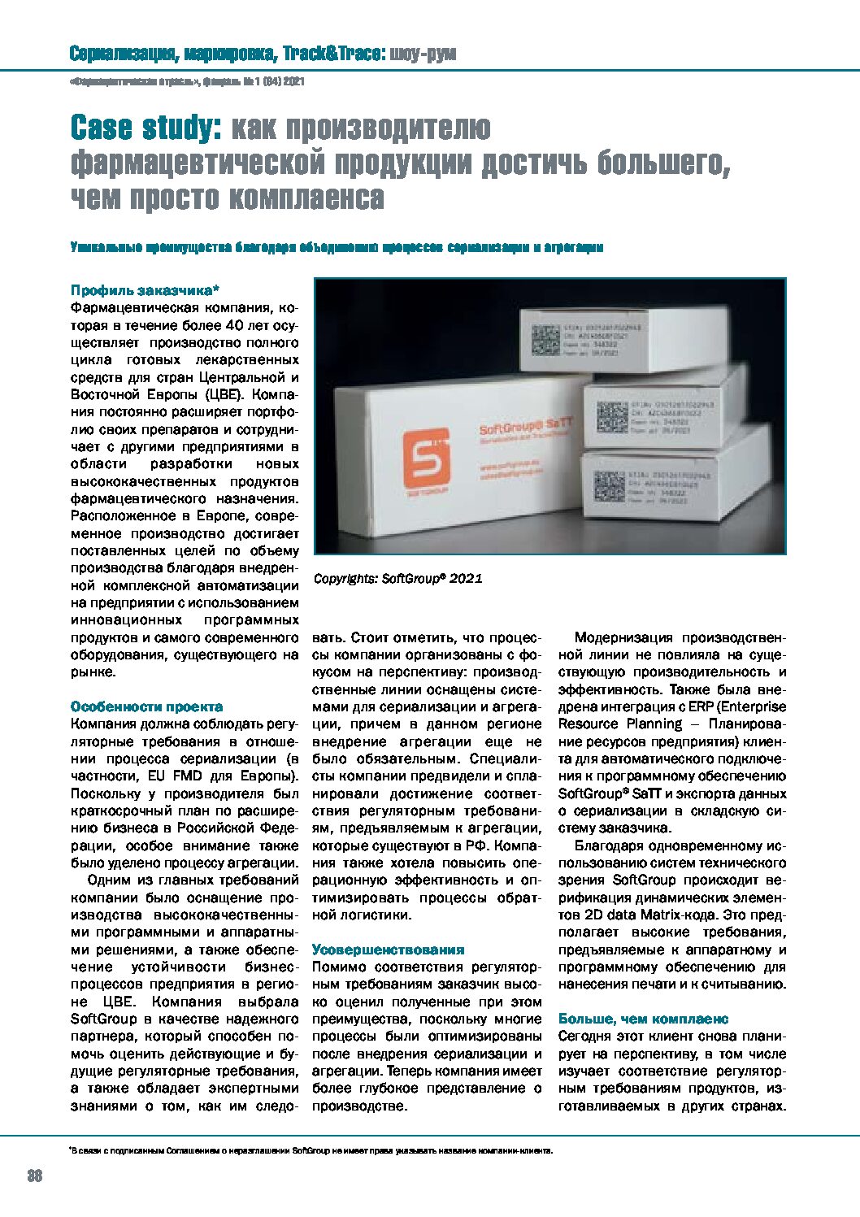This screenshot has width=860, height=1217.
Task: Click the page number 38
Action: pos(35,1176)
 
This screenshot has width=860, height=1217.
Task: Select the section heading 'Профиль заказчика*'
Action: pos(146,290)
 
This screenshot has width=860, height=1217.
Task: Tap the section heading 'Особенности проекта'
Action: pos(146,706)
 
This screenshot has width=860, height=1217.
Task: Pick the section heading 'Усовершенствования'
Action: pos(389,950)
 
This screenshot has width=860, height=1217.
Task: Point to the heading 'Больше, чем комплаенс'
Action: pos(644,1019)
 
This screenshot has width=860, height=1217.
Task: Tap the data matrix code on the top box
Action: pos(545,337)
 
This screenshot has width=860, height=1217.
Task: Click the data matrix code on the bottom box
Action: pos(609,486)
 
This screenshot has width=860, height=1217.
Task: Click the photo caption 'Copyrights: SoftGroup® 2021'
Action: pos(397,579)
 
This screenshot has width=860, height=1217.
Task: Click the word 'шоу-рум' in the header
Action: pos(423,54)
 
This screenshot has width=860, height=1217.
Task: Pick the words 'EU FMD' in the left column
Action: pos(175,776)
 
